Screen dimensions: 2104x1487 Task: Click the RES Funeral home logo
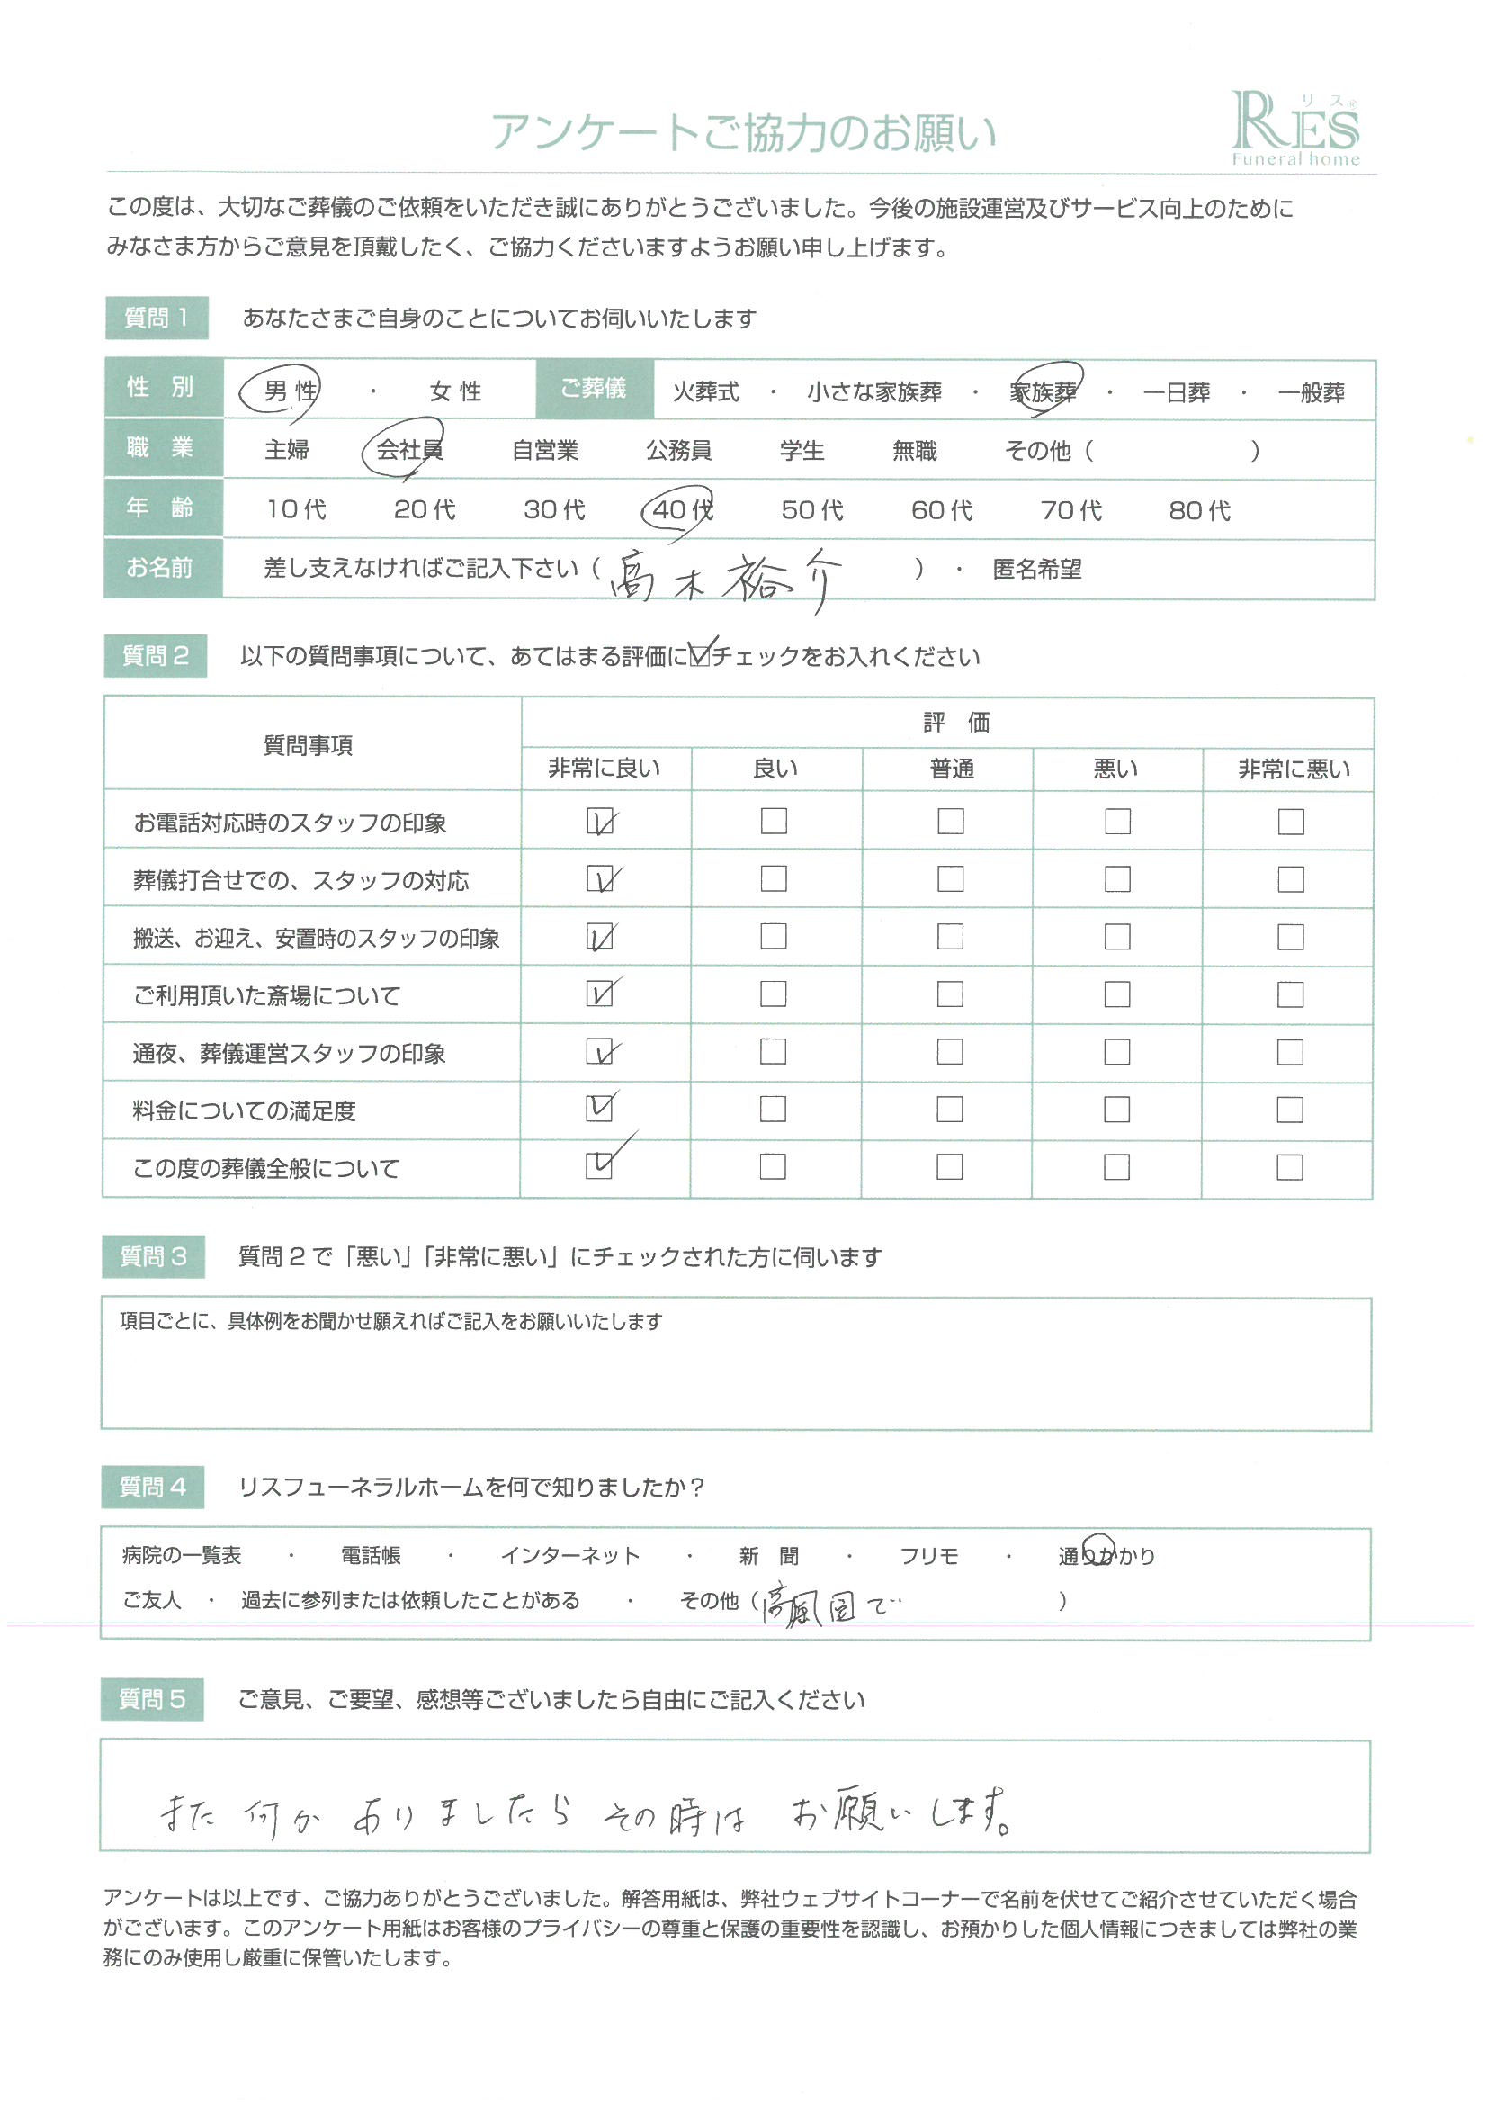[1294, 129]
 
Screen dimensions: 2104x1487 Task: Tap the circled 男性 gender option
[289, 391]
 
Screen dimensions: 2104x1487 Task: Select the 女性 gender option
[454, 392]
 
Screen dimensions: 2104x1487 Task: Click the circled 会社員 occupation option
[408, 450]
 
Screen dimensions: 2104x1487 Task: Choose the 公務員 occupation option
[678, 451]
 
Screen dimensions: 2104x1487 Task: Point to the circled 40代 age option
[682, 509]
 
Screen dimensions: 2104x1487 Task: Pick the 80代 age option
[1199, 510]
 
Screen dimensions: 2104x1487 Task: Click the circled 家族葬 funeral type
[1043, 392]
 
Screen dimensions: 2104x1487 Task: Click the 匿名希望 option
[1036, 570]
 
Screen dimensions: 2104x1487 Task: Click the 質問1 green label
[157, 318]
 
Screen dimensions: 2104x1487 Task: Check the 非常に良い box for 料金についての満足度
[599, 1109]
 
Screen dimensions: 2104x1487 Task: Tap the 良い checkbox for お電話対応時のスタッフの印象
[774, 821]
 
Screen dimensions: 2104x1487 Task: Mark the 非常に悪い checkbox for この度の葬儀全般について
[1289, 1166]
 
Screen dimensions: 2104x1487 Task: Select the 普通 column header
[951, 768]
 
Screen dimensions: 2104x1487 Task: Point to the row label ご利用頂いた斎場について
[266, 995]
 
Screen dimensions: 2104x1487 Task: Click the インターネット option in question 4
[569, 1556]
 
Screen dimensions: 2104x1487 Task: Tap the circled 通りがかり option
[1106, 1555]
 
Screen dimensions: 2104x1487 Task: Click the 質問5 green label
[152, 1700]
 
